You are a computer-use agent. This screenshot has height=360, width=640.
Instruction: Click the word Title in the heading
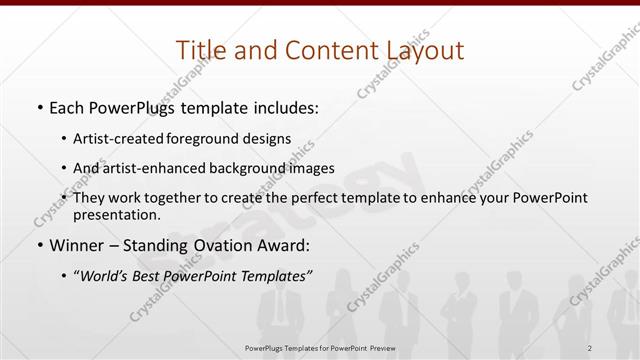pos(199,50)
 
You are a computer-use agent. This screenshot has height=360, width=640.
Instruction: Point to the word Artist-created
pos(140,138)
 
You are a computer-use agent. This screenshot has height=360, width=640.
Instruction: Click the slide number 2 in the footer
pos(591,348)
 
